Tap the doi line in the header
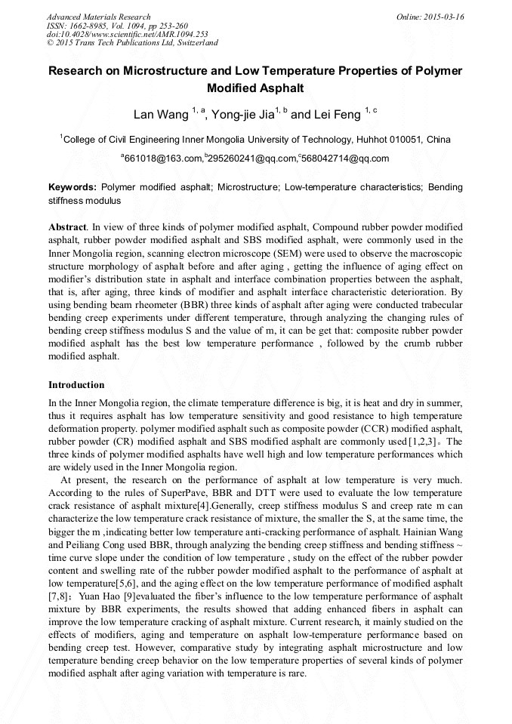[x=117, y=34]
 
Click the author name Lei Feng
[x=336, y=115]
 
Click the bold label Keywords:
[x=72, y=186]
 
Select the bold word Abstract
[x=66, y=227]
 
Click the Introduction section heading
[x=76, y=385]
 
